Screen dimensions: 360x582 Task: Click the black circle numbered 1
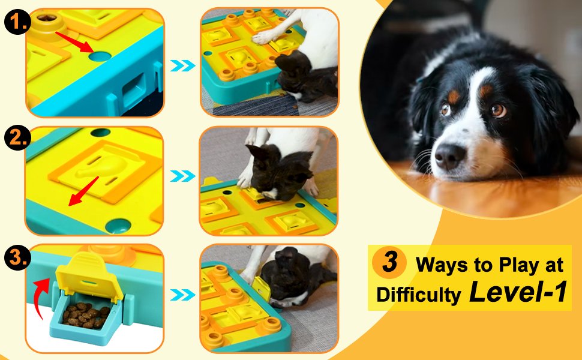pyautogui.click(x=15, y=23)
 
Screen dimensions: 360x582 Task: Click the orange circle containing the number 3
pyautogui.click(x=389, y=264)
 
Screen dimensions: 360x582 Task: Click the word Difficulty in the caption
pyautogui.click(x=419, y=295)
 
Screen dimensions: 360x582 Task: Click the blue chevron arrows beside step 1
pyautogui.click(x=182, y=65)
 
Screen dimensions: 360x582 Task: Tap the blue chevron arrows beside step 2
pyautogui.click(x=182, y=176)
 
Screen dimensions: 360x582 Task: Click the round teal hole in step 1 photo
pyautogui.click(x=100, y=56)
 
